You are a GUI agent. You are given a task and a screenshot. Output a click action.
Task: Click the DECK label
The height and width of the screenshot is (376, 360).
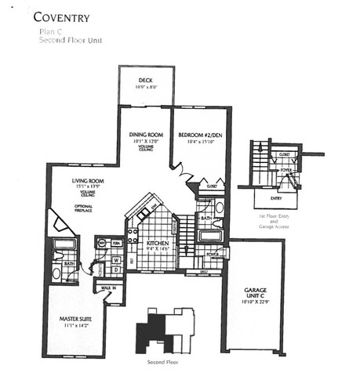145,81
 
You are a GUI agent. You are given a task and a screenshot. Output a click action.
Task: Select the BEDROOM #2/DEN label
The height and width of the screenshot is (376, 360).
200,135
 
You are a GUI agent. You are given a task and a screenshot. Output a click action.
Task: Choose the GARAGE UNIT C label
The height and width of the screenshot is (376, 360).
250,291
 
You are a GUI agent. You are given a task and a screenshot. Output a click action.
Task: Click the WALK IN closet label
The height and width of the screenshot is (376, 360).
110,288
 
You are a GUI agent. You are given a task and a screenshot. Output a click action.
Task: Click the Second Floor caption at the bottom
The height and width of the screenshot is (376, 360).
162,363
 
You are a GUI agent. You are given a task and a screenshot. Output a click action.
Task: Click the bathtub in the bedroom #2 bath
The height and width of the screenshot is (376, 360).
211,235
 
